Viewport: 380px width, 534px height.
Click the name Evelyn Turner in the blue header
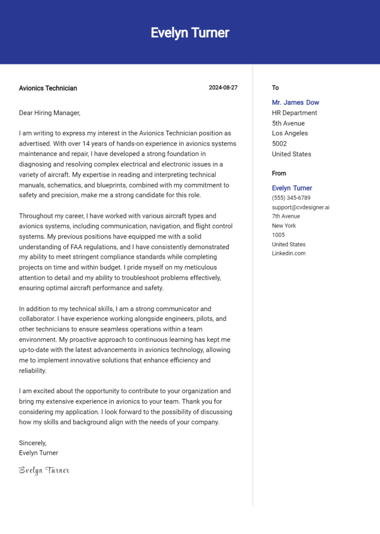(190, 33)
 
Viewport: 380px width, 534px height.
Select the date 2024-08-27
(223, 88)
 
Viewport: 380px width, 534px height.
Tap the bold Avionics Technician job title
(48, 88)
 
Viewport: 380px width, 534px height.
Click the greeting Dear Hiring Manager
(49, 113)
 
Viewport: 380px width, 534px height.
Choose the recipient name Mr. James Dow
(295, 103)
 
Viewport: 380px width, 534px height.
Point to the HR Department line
(294, 113)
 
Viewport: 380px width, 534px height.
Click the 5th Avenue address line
(288, 123)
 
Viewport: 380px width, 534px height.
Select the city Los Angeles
(289, 133)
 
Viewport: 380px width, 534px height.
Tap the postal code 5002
(279, 144)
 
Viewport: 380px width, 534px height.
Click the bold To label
(275, 88)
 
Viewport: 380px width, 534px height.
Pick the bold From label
(279, 173)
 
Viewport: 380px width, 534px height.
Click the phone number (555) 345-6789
(291, 198)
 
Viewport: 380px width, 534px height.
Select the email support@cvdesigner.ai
(300, 207)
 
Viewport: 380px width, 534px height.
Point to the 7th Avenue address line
(285, 216)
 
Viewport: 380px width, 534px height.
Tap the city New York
(284, 226)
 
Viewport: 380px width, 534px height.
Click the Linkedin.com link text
(288, 253)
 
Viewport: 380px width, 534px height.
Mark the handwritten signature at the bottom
(44, 470)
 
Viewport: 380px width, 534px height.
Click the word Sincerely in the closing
(32, 443)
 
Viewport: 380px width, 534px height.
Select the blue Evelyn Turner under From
(292, 188)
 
